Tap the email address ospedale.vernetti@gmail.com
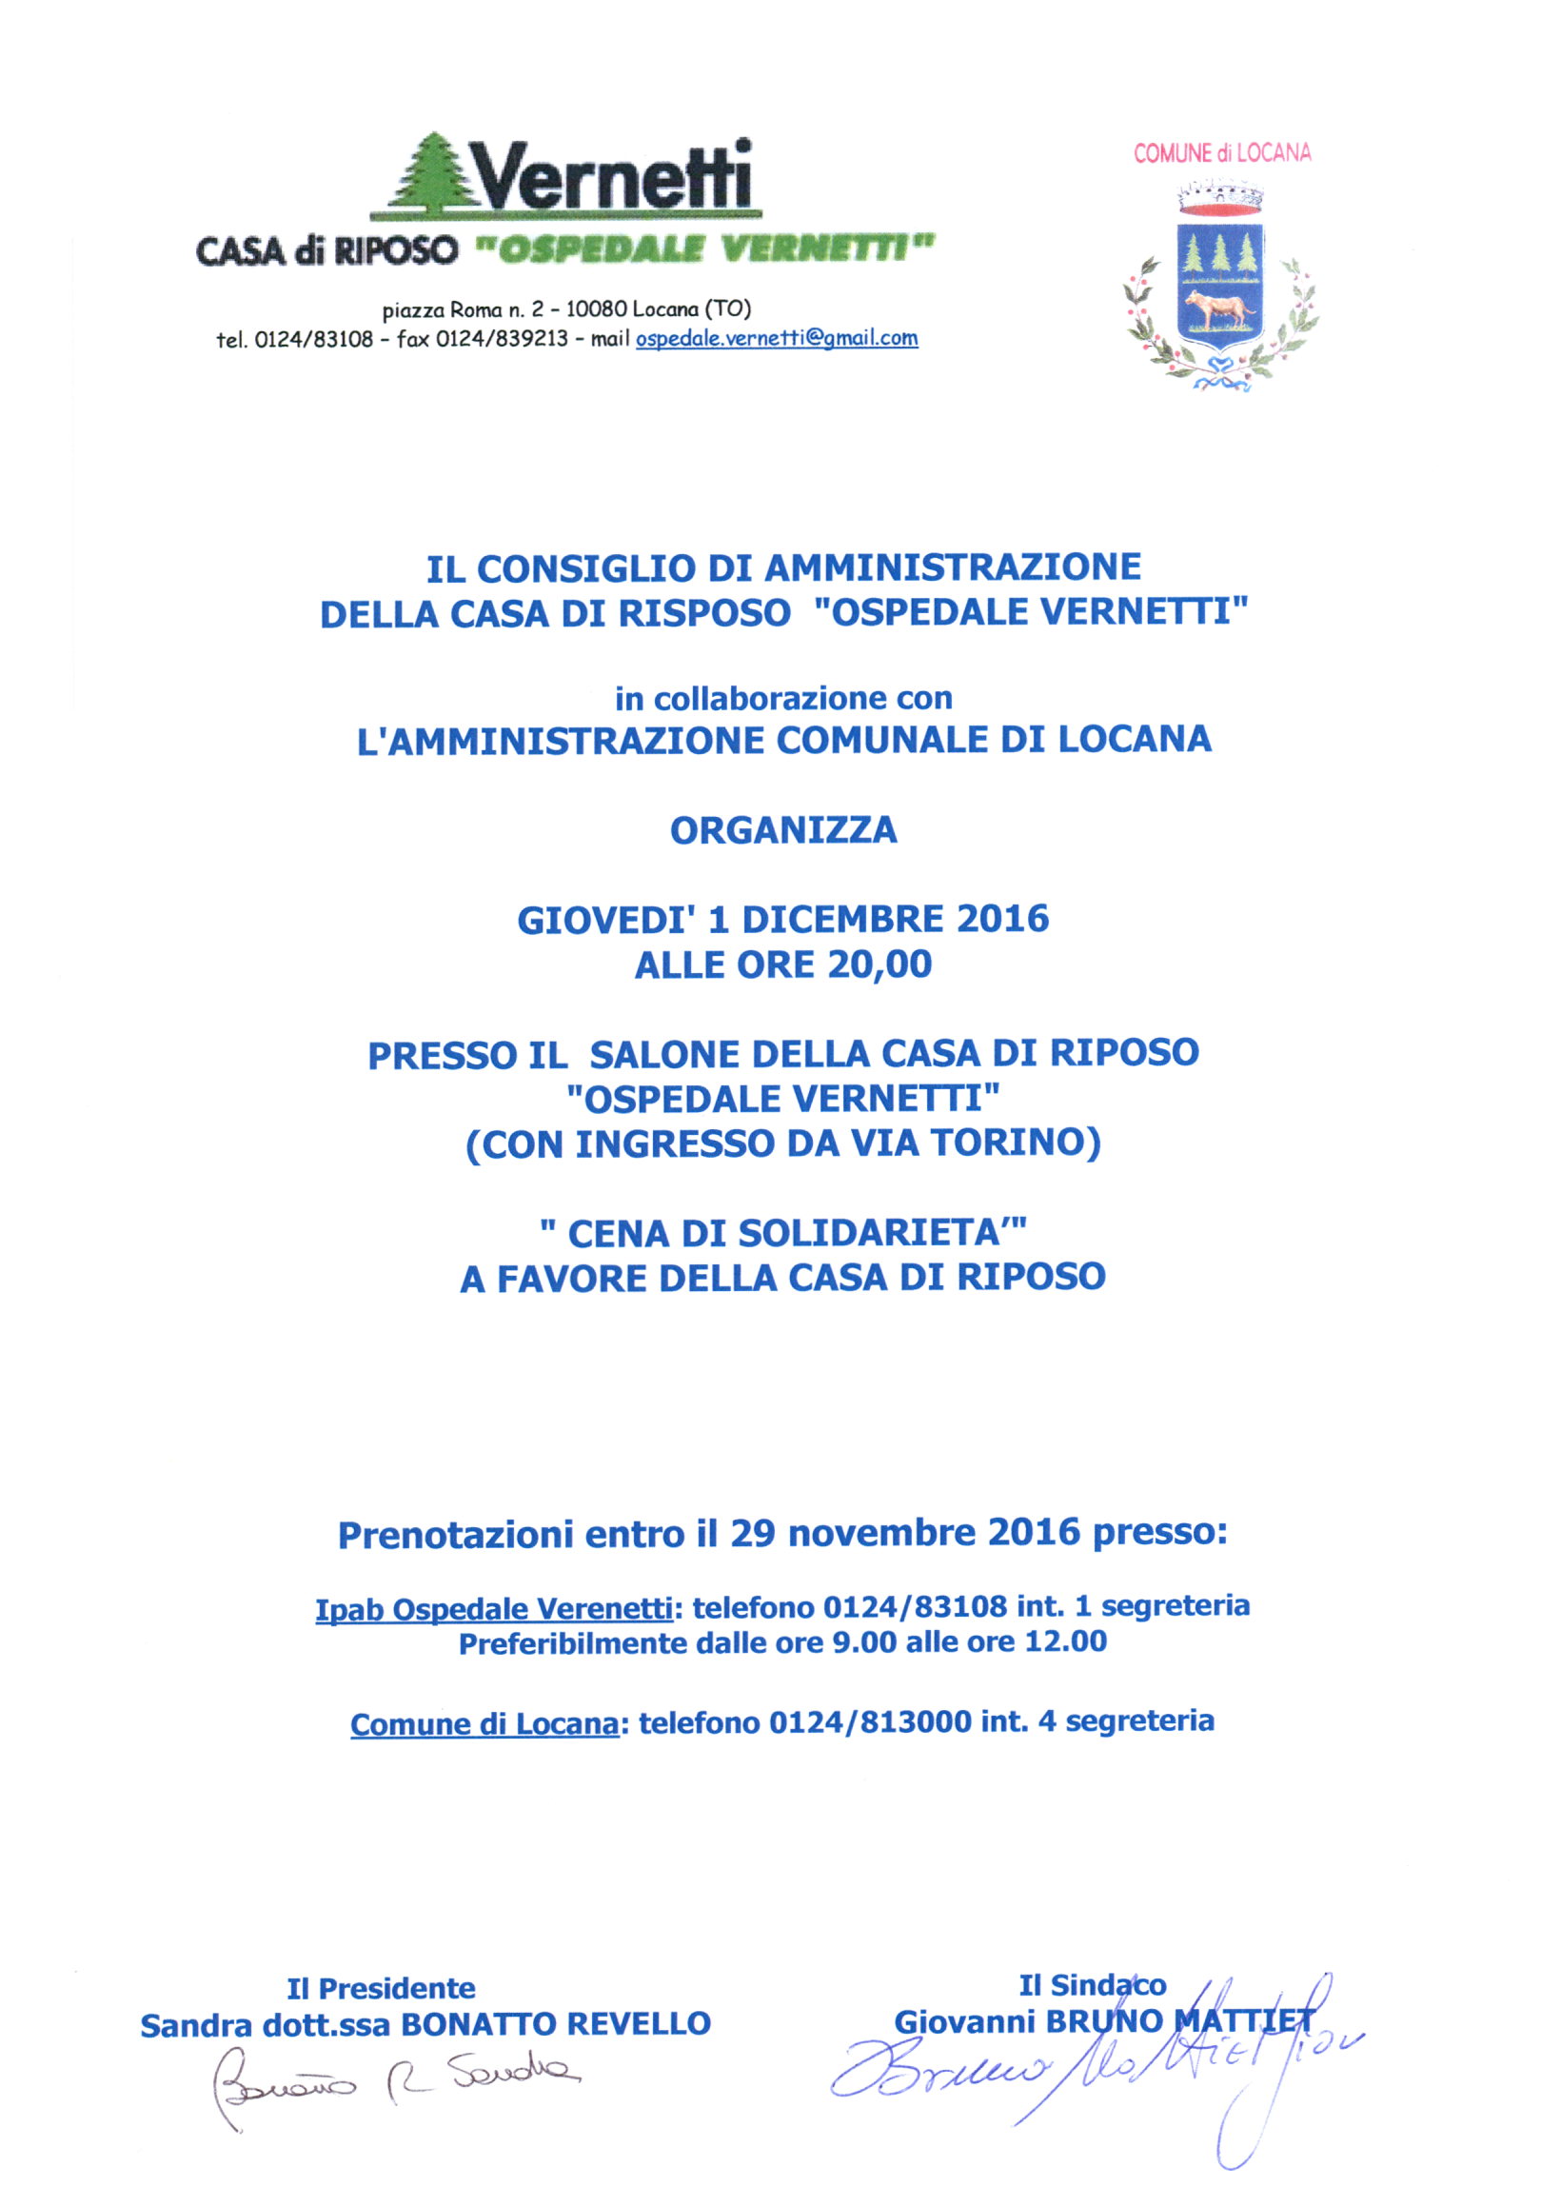777,338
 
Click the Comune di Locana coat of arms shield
1218,279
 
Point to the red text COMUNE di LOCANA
1222,153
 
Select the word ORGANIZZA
783,830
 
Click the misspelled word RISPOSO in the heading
703,613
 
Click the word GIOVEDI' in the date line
604,920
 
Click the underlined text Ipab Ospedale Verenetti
493,1608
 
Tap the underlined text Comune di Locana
484,1723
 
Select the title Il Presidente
381,1988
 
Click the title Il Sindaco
1092,1985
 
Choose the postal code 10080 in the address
596,309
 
